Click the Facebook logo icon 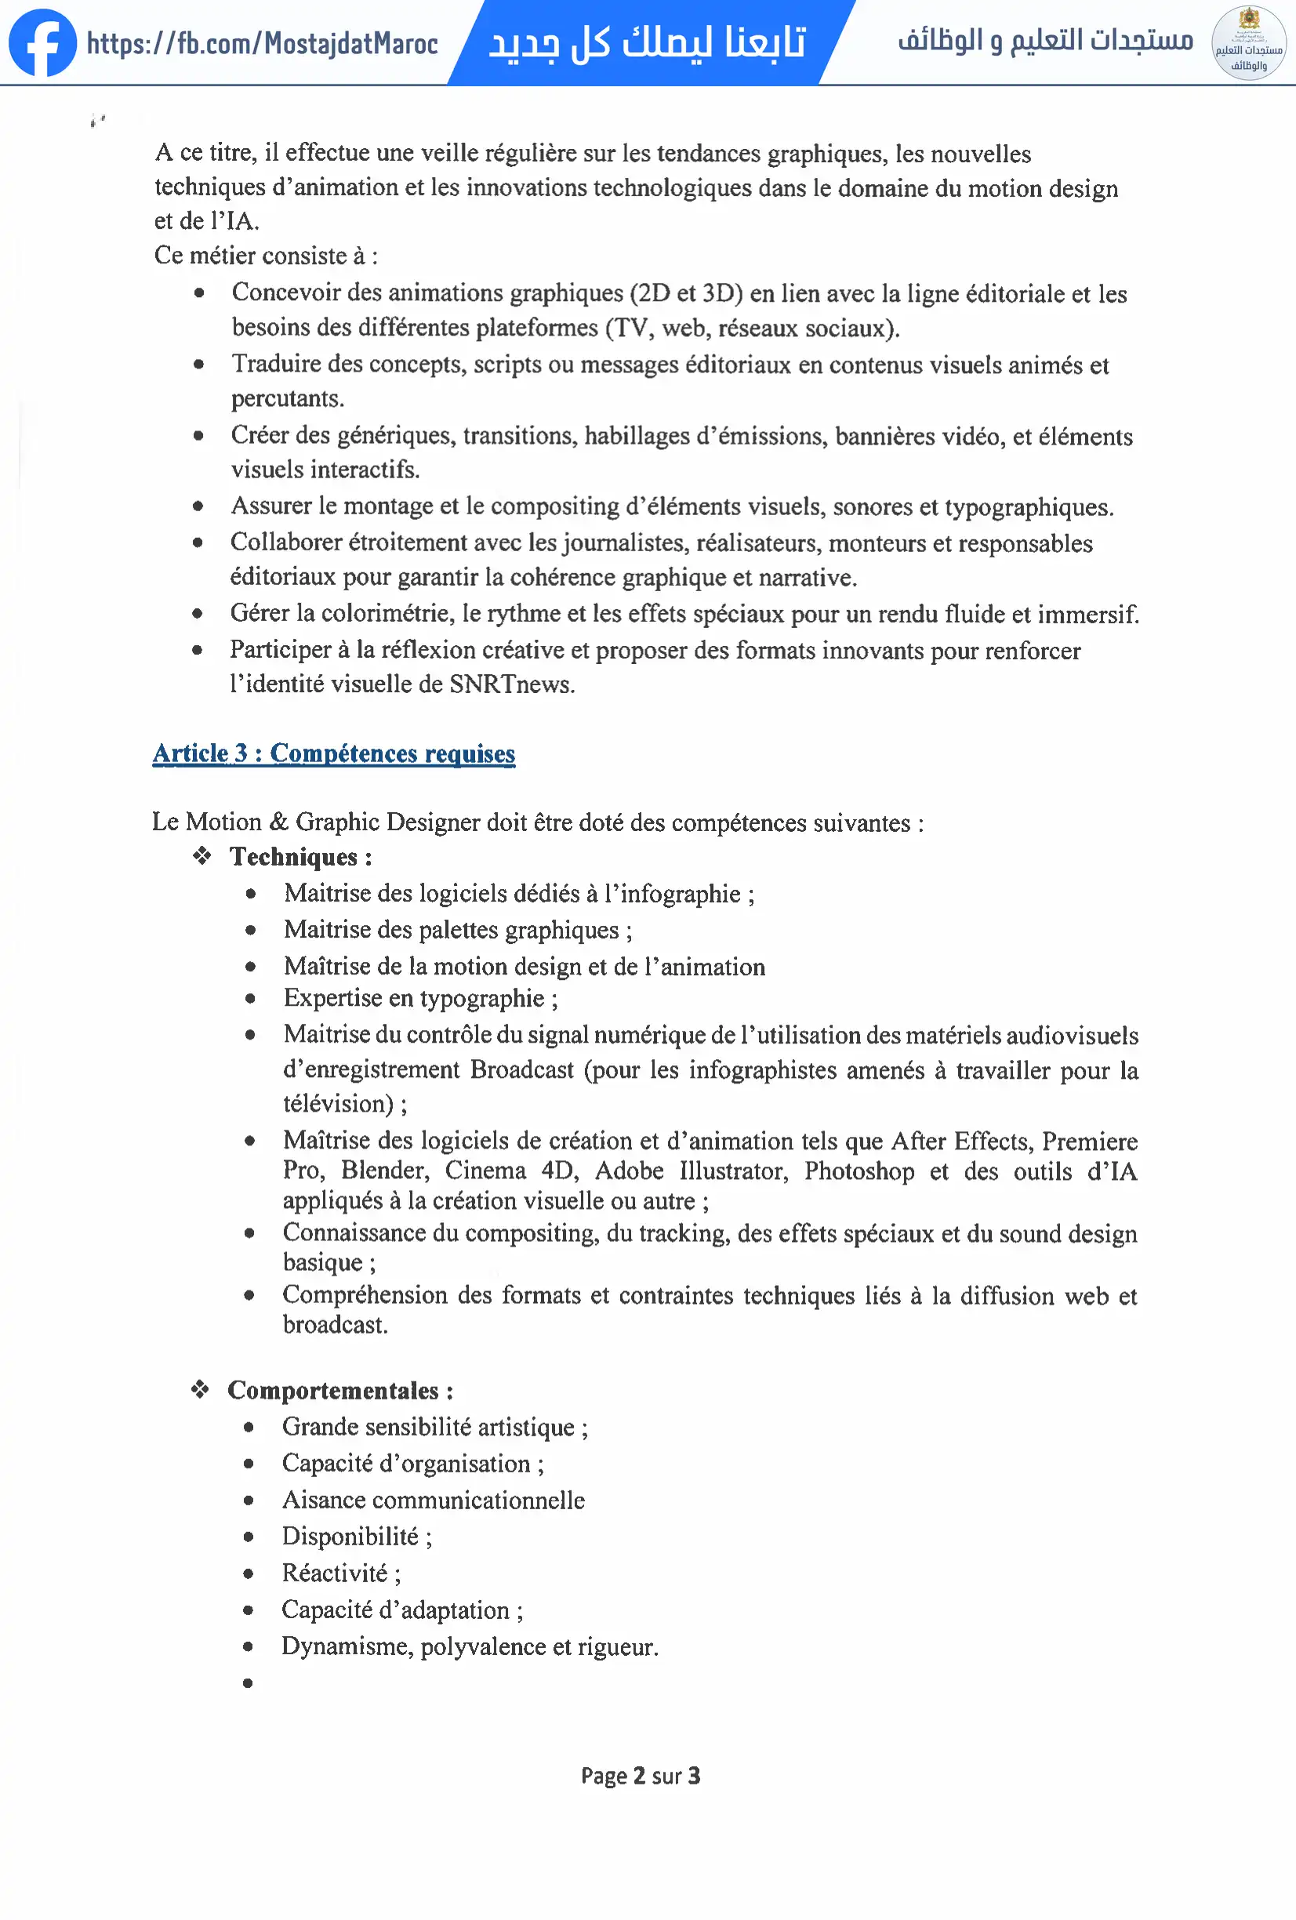[42, 43]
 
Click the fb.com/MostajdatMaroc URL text [262, 43]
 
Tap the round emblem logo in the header [1248, 43]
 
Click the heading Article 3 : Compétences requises [334, 753]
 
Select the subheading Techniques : [300, 857]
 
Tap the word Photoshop [859, 1171]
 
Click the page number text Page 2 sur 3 [640, 1776]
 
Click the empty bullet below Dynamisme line [248, 1683]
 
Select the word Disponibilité [350, 1536]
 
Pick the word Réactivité [335, 1573]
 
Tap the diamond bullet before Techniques [201, 856]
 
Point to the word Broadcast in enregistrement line [521, 1070]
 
